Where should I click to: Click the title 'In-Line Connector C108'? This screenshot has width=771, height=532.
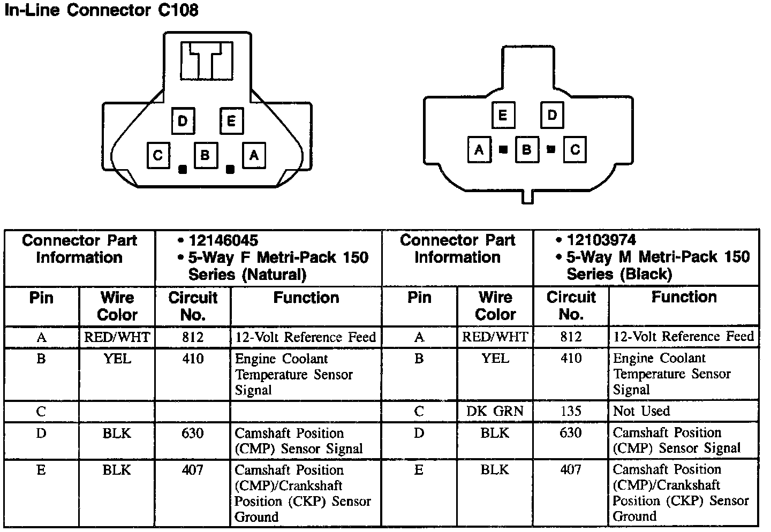pyautogui.click(x=101, y=11)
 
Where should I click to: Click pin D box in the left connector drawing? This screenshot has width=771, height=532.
pyautogui.click(x=183, y=120)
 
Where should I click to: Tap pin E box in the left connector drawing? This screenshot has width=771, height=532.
pyautogui.click(x=231, y=120)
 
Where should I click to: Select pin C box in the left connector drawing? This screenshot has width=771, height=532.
pyautogui.click(x=158, y=155)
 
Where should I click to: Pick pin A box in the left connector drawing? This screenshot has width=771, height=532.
pyautogui.click(x=254, y=155)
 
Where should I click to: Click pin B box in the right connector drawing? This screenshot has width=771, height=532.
pyautogui.click(x=526, y=149)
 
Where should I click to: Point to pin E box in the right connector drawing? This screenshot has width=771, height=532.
pyautogui.click(x=503, y=115)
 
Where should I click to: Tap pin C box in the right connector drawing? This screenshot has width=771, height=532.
pyautogui.click(x=575, y=149)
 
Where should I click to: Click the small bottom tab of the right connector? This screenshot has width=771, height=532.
pyautogui.click(x=528, y=196)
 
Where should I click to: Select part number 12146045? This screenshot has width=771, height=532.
pyautogui.click(x=223, y=240)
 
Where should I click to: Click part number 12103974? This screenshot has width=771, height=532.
pyautogui.click(x=601, y=240)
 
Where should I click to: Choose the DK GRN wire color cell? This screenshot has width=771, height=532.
pyautogui.click(x=495, y=411)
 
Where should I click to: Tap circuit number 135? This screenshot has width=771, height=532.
pyautogui.click(x=571, y=411)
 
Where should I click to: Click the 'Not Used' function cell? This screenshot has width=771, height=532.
pyautogui.click(x=641, y=411)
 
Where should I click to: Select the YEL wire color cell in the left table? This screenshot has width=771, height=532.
pyautogui.click(x=117, y=359)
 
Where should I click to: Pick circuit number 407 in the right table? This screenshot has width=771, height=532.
pyautogui.click(x=571, y=469)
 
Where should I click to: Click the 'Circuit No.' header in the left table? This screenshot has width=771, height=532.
pyautogui.click(x=193, y=306)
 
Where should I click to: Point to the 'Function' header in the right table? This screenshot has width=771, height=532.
pyautogui.click(x=684, y=297)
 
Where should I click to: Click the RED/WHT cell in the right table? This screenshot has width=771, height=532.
pyautogui.click(x=495, y=337)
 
